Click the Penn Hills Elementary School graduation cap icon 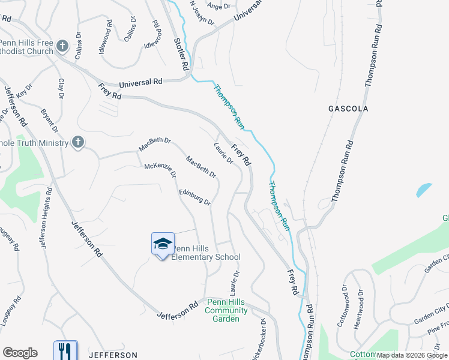(163, 244)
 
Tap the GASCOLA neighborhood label (348, 109)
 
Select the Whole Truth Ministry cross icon (77, 142)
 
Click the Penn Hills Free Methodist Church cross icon (62, 46)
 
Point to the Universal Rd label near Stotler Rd (140, 82)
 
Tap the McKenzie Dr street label (160, 170)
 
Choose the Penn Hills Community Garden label (226, 310)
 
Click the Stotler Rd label (181, 51)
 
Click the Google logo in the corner (20, 353)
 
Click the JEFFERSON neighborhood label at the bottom (113, 355)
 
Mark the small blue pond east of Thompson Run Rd (423, 190)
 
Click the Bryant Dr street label (50, 121)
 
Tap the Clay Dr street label (61, 89)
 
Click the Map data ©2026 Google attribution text (412, 355)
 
